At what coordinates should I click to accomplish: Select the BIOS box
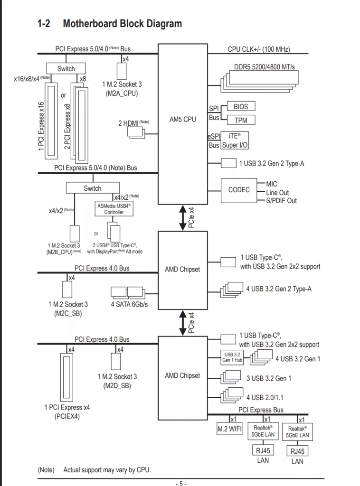point(241,106)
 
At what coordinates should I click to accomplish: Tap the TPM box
point(241,120)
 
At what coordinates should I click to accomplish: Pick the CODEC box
point(239,190)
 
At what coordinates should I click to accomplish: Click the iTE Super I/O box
point(235,140)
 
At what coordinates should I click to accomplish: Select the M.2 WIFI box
point(229,429)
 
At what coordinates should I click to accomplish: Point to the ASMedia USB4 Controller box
point(114,209)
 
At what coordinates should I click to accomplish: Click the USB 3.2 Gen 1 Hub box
point(232,357)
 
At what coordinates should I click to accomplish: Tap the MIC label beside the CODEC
point(272,184)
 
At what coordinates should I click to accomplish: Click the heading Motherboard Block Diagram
point(122,23)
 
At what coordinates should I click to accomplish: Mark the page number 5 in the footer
point(181,483)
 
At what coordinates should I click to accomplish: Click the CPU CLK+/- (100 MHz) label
point(259,49)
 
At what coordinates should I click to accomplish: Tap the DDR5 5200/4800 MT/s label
point(264,67)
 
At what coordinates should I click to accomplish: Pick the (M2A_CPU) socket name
point(122,93)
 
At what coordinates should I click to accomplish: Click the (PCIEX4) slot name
point(67,417)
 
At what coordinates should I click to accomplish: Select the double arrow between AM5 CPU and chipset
point(182,218)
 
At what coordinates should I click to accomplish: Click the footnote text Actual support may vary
point(107,470)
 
